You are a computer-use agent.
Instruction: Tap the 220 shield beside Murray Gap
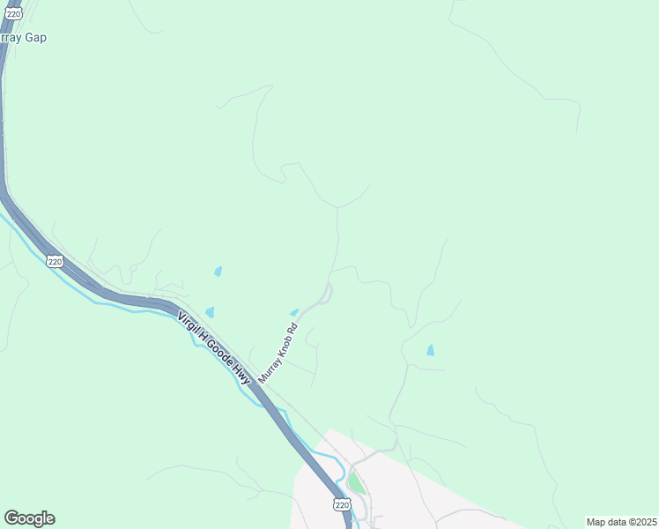click(12, 14)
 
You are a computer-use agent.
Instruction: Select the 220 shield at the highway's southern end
click(343, 504)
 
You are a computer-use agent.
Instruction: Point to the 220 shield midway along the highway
click(56, 262)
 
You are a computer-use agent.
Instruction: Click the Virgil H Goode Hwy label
click(214, 348)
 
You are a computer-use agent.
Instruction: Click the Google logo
click(29, 518)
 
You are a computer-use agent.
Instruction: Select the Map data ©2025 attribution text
click(620, 522)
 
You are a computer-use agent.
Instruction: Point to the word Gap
click(36, 38)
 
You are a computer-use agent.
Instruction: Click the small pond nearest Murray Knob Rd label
click(294, 311)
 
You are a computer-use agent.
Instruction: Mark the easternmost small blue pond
click(430, 350)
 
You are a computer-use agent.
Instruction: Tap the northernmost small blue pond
click(218, 272)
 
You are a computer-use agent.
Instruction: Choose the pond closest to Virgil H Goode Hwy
click(210, 311)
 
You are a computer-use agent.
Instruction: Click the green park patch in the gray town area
click(355, 482)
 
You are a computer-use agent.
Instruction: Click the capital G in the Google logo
click(11, 518)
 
